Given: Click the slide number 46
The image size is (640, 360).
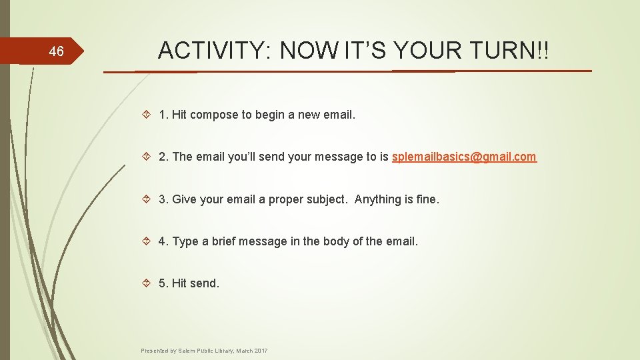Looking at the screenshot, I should pos(57,51).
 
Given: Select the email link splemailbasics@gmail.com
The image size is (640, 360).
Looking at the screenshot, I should pos(464,157).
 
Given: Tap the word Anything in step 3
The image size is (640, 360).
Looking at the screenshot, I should pos(378,199).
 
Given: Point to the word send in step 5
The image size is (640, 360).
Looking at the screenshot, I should pos(205,283).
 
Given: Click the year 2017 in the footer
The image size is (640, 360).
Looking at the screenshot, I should pos(261,350).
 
